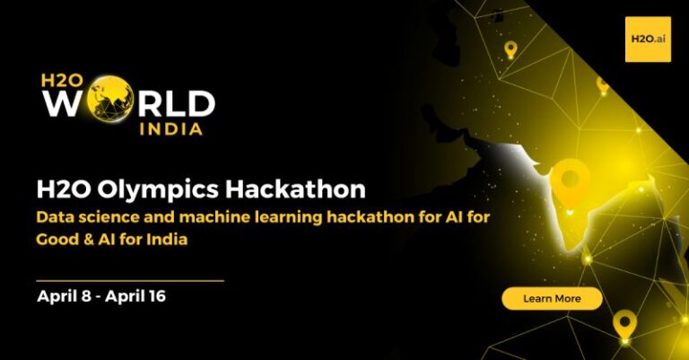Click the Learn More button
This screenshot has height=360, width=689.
[x=552, y=298]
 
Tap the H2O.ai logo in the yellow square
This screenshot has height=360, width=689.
[x=648, y=40]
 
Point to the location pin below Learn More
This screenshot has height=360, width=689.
[x=624, y=325]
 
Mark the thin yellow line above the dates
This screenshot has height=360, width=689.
[x=130, y=280]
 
